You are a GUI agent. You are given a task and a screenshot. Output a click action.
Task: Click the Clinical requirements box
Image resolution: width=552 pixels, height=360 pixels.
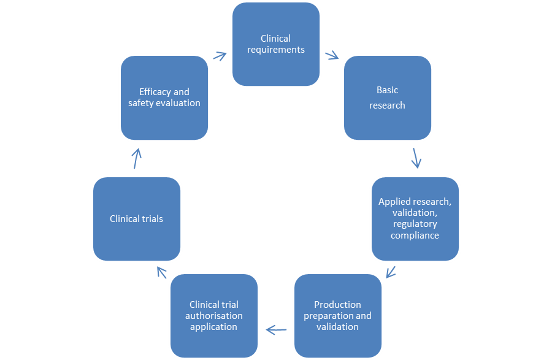point(276,44)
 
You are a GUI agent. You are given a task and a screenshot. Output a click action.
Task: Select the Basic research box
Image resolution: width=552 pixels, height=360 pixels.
point(388,98)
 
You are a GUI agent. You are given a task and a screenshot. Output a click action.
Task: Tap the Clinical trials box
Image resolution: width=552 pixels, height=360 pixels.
point(136,219)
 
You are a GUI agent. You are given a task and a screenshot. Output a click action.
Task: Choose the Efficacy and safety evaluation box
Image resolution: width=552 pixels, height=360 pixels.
point(164,98)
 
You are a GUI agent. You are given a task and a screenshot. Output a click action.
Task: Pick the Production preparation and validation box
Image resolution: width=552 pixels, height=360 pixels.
point(338,315)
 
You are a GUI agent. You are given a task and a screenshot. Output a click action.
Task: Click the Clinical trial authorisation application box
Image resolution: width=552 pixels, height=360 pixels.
point(214,315)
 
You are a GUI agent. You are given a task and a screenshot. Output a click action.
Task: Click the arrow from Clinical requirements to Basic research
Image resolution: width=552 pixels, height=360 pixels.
point(332,55)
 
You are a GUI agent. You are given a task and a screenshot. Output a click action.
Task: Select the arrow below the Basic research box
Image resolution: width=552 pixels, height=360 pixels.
point(416,158)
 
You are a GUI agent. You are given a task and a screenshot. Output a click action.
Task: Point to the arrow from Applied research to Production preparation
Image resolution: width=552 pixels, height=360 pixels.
point(391,271)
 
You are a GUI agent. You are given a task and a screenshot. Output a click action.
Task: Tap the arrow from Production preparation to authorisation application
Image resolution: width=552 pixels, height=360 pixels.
point(277,330)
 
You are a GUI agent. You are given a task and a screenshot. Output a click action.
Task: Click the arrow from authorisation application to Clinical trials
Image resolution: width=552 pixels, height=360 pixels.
point(161,271)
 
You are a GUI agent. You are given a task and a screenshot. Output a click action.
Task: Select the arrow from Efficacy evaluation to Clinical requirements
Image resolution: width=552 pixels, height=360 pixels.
point(219,55)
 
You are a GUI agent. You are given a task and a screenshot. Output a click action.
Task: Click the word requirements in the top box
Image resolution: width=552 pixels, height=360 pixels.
point(276,50)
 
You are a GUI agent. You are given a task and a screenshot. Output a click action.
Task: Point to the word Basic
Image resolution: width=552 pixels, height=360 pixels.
point(388,90)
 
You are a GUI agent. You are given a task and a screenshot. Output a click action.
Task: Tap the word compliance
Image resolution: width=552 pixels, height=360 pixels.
point(415,235)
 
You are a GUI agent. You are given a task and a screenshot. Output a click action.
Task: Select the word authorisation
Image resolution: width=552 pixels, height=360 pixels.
point(214,316)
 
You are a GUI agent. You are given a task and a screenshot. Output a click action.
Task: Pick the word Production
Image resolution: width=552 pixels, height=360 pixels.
point(338,305)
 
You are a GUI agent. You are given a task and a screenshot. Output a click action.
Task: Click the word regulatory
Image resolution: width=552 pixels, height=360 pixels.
point(415,224)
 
